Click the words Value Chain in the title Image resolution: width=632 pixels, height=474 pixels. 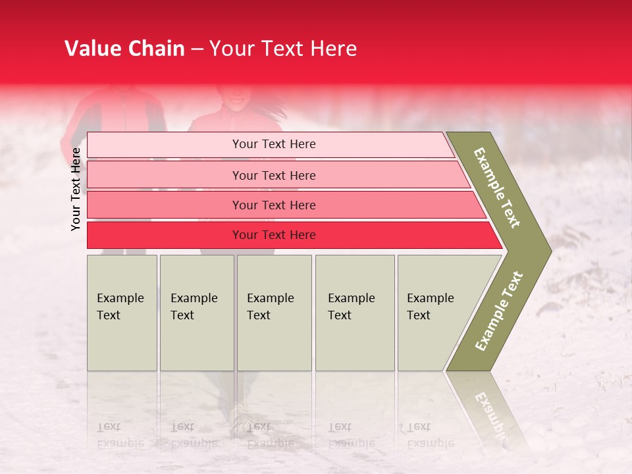(124, 49)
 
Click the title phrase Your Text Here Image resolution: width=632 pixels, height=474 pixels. (283, 49)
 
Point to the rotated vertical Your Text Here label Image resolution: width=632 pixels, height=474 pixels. (76, 189)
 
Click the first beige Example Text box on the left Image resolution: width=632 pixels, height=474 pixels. (122, 313)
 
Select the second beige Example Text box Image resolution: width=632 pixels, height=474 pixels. (196, 313)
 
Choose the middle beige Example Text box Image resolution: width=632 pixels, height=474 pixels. (274, 313)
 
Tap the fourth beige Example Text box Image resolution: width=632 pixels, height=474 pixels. (354, 313)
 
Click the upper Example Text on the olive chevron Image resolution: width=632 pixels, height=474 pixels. (497, 188)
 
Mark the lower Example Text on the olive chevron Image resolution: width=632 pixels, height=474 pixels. (499, 311)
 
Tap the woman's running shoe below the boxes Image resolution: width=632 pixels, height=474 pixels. (241, 415)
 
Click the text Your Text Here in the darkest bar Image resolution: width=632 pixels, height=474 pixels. (274, 235)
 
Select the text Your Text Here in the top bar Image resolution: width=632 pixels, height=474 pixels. (274, 144)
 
